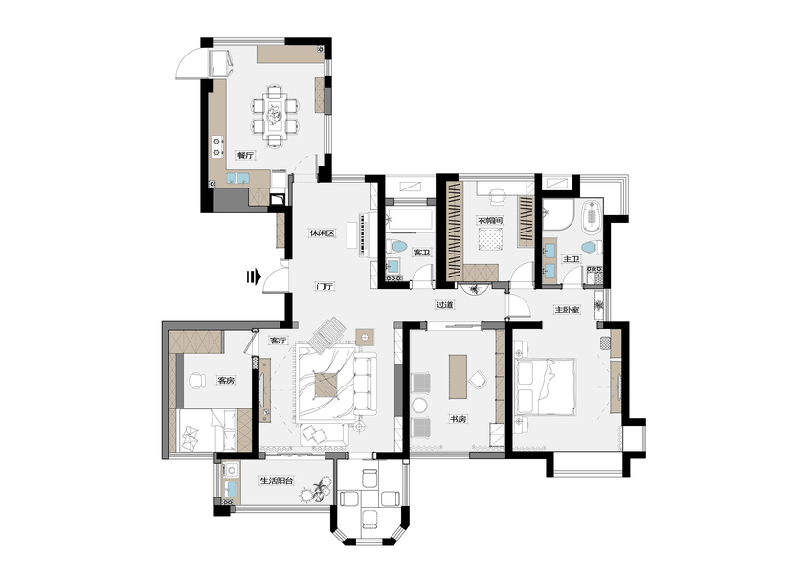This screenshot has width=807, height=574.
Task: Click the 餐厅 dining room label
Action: [245, 155]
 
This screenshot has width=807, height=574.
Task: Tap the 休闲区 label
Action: [323, 233]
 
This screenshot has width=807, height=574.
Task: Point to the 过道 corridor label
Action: [445, 304]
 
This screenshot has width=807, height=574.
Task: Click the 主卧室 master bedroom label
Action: [568, 310]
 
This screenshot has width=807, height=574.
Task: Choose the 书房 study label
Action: [458, 419]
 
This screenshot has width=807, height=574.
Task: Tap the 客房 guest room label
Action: [227, 381]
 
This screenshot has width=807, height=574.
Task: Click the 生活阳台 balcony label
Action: [277, 481]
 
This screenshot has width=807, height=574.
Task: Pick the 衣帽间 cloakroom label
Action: [490, 220]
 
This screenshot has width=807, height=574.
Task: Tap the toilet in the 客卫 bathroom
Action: [397, 246]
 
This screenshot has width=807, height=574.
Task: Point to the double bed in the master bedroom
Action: [544, 386]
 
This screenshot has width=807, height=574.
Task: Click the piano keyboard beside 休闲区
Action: [364, 235]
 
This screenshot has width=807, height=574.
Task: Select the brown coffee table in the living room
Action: [327, 386]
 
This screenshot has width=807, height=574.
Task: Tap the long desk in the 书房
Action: [458, 376]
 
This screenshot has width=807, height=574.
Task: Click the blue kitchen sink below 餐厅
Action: [237, 179]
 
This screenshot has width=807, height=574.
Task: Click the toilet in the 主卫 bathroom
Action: [593, 247]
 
